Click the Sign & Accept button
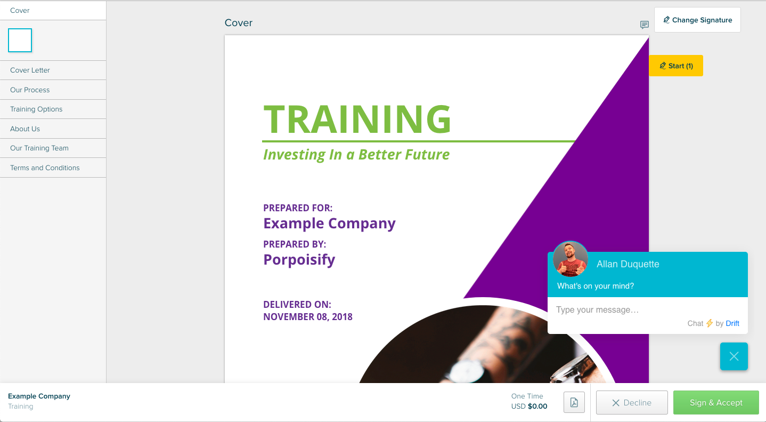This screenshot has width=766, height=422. point(716,402)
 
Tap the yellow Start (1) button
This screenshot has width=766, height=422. point(676,66)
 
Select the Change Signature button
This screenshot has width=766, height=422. point(697,20)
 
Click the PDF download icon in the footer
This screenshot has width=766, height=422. point(574,402)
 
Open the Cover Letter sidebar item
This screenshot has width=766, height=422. point(30,70)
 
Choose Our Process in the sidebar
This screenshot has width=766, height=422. point(30,90)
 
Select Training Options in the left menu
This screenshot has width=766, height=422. point(36,109)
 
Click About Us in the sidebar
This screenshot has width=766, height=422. point(25,129)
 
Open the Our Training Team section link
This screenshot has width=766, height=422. point(39,148)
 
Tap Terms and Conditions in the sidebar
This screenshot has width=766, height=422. point(45,168)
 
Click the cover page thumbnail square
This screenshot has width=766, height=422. point(20,41)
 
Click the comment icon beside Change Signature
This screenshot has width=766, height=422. point(644,25)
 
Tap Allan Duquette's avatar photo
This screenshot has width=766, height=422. point(571,259)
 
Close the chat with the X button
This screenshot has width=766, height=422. point(734,356)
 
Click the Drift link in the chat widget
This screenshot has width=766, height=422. point(732,323)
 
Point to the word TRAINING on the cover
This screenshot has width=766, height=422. point(357,119)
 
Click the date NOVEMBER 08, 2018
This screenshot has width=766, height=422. point(308,316)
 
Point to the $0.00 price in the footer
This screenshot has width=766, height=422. point(537,406)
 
